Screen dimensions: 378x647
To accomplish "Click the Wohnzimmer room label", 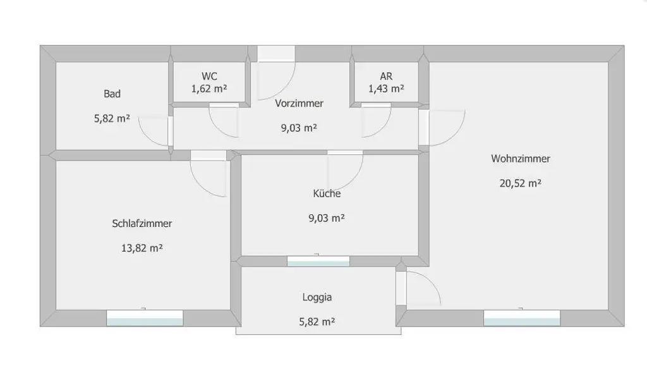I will [520, 159].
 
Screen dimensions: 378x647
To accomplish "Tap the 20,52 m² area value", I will [520, 183].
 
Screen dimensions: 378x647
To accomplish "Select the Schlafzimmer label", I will [142, 223].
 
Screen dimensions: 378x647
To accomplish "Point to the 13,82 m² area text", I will [142, 248].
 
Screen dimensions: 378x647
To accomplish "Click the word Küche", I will [327, 193].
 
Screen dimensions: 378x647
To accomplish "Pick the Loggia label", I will [317, 296].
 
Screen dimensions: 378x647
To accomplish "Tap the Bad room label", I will [112, 94].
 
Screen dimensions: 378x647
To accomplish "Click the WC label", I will [210, 76].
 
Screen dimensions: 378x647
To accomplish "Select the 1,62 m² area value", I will [210, 88].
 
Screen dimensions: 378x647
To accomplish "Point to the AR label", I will [387, 76].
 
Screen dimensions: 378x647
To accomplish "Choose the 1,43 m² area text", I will [387, 88].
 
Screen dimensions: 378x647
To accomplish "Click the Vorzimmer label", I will [299, 103].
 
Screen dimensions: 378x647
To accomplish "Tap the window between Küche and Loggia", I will [318, 261].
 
